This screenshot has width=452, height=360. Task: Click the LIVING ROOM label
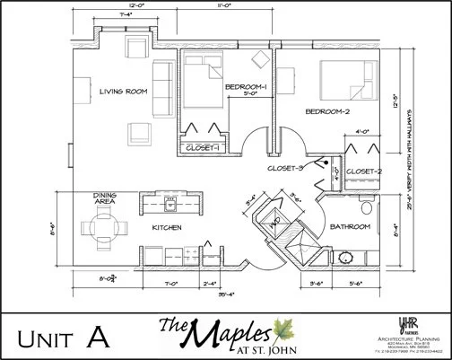point(123,90)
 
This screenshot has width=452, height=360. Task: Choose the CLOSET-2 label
point(364,171)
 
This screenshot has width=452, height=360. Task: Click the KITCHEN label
point(167,227)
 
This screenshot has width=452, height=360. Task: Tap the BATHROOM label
point(349,227)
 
